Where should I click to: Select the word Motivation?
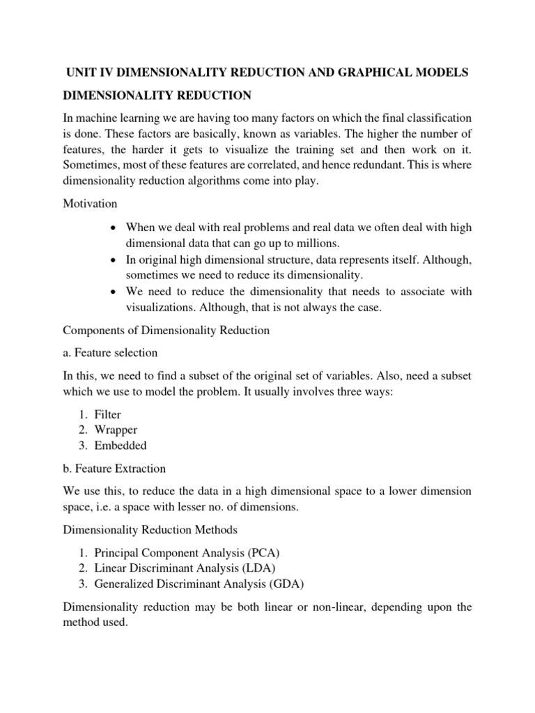click(x=88, y=205)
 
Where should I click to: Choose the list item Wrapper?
click(x=114, y=430)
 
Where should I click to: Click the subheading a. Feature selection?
click(x=110, y=352)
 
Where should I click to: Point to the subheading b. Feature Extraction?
click(x=115, y=468)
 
